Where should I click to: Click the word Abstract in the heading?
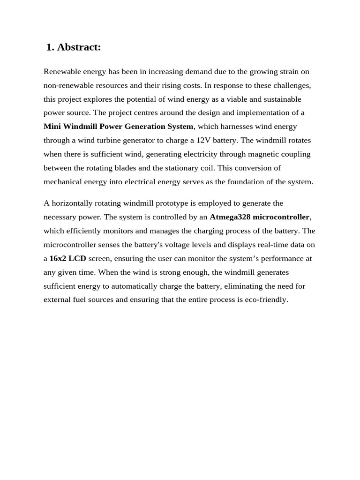point(79,47)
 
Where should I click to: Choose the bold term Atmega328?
point(230,217)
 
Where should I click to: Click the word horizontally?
point(72,203)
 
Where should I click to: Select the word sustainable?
point(278,99)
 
